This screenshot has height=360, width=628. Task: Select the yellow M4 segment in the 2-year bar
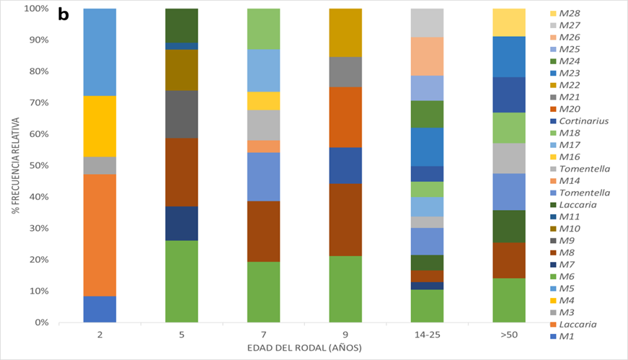[x=99, y=126]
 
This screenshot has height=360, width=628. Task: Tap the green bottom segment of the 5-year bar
[x=182, y=281]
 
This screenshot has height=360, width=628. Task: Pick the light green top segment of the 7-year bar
[x=264, y=29]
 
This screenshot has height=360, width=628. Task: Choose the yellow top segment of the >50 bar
[x=509, y=22]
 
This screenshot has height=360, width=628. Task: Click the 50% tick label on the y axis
[x=35, y=166]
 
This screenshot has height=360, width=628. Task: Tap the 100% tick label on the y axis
[x=34, y=9]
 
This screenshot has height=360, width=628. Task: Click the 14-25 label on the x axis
[x=427, y=335]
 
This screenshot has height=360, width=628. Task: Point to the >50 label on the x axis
[x=509, y=335]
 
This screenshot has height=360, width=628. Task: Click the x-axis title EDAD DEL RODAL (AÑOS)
[x=304, y=348]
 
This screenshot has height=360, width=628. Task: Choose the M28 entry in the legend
[x=566, y=14]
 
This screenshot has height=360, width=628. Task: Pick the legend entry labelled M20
[x=566, y=109]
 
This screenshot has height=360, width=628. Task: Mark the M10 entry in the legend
[x=566, y=228]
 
